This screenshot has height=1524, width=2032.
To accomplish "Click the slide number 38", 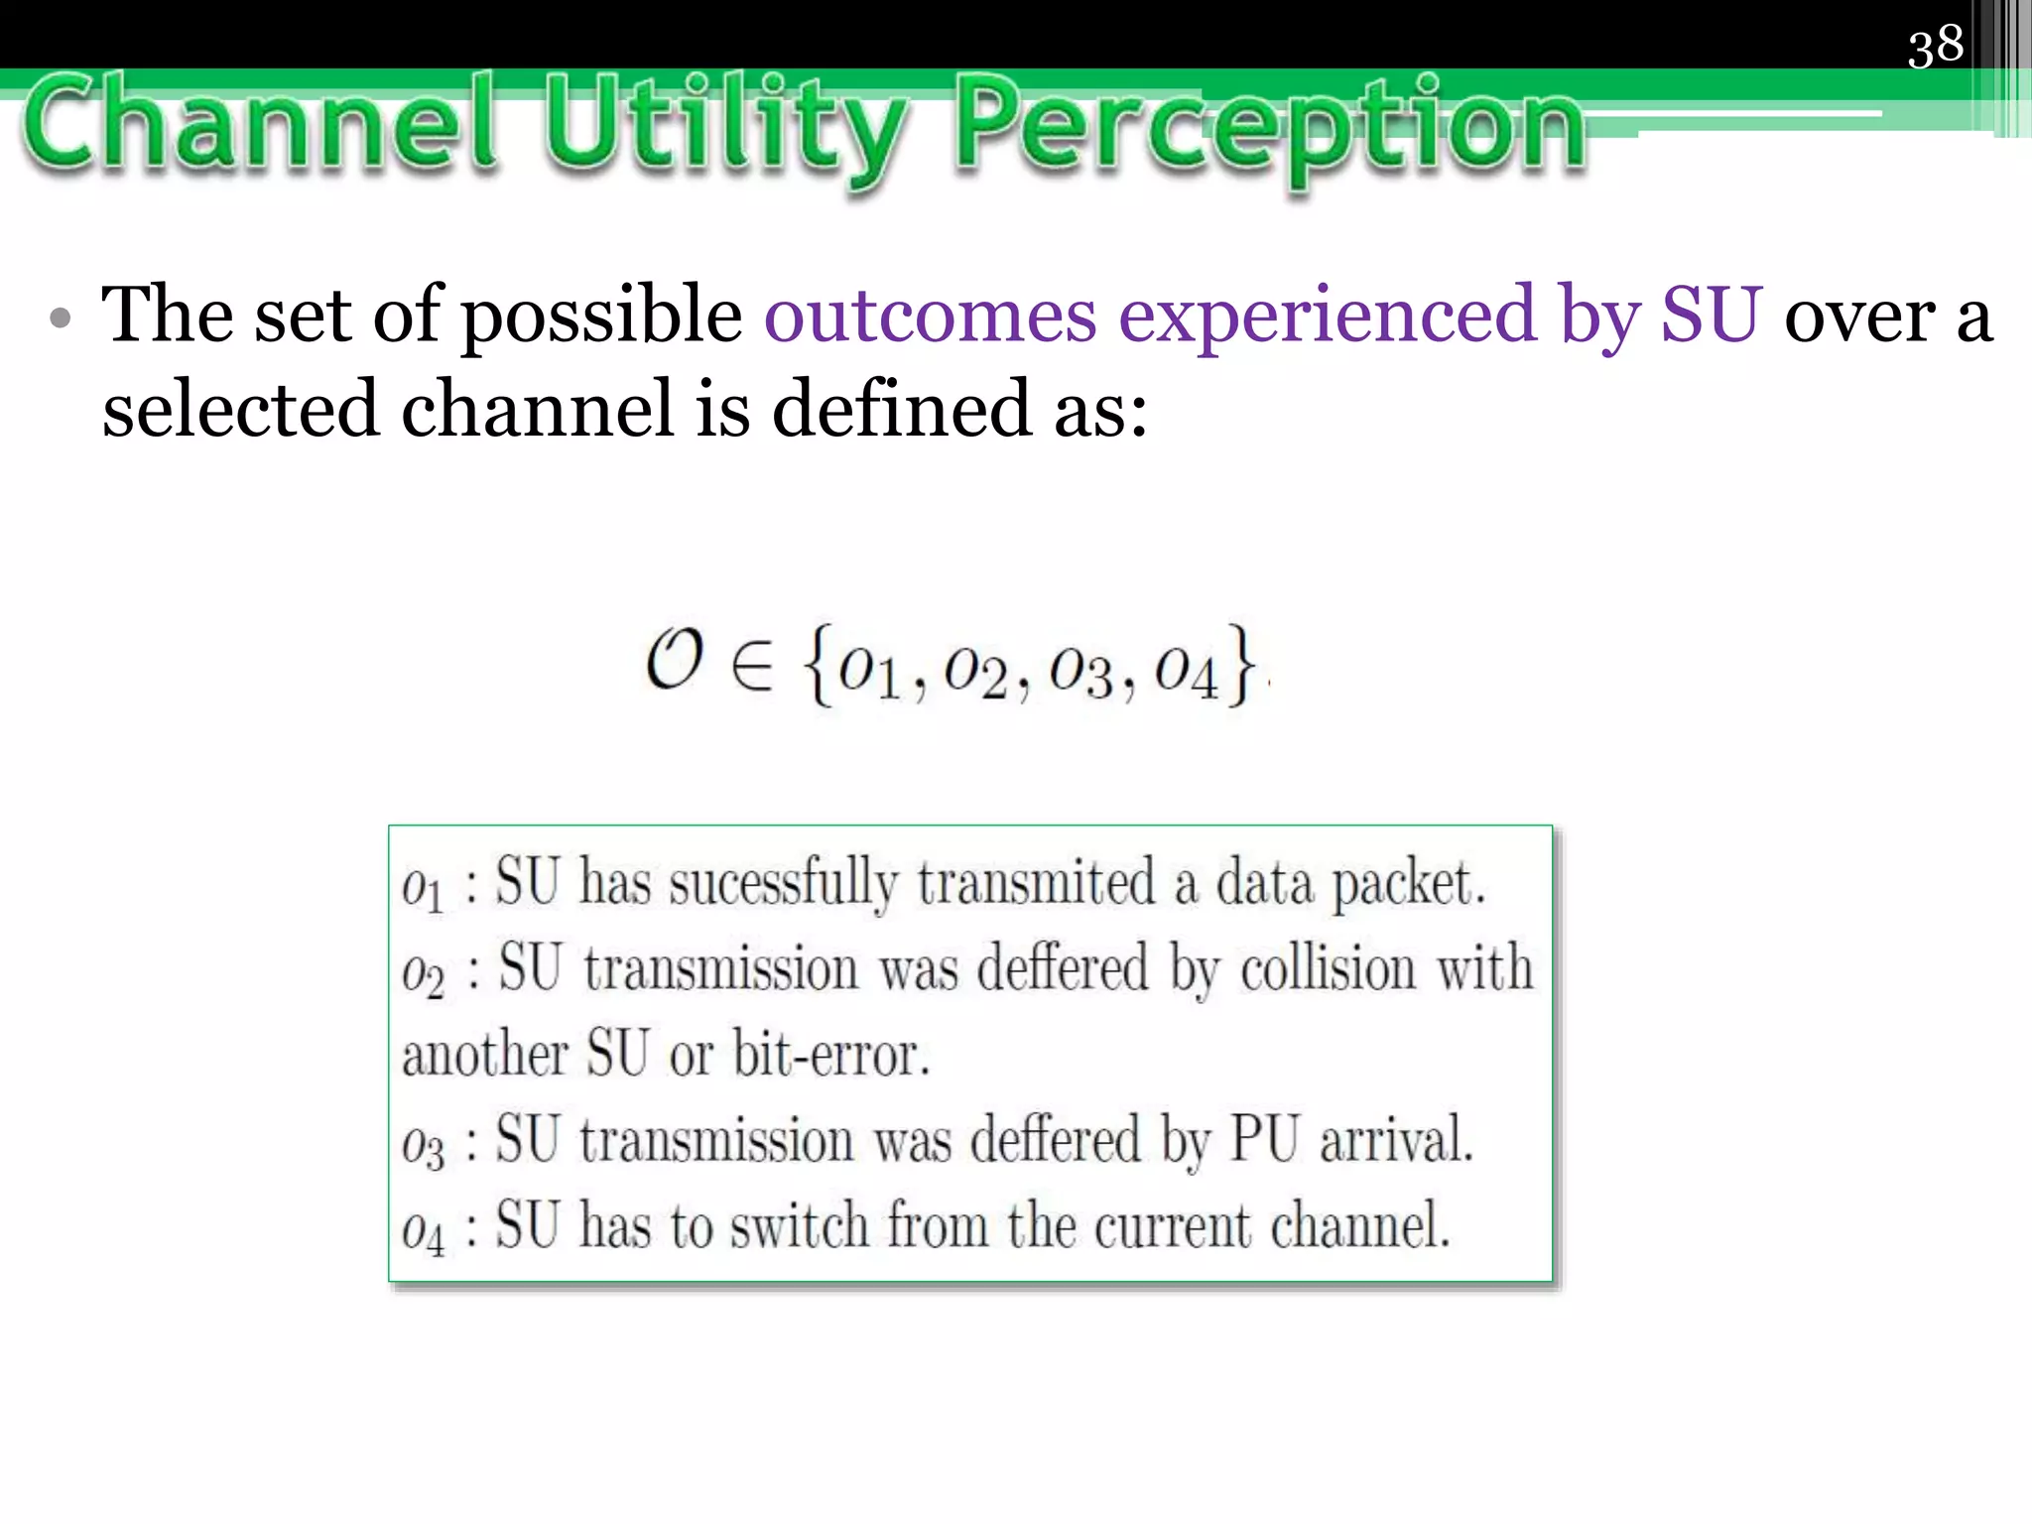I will pos(1935,46).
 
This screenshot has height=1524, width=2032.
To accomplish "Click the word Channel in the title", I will pos(260,126).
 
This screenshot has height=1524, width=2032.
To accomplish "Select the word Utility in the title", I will pos(724,129).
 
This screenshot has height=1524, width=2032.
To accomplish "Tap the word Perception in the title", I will pos(1270,129).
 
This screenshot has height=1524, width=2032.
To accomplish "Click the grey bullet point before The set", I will pos(62,318).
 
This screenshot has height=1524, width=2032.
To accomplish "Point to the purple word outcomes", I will pos(930,316).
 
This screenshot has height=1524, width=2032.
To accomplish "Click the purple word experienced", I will pos(1327,316).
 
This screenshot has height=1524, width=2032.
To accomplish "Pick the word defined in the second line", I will pos(901,409).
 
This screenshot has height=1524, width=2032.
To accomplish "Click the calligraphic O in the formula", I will pos(675,661).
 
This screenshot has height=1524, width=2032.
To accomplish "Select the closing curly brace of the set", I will pos(1240,665).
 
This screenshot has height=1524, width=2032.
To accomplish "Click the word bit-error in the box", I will pos(831,1055).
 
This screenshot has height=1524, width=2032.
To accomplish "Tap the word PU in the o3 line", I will pos(1264,1139).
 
